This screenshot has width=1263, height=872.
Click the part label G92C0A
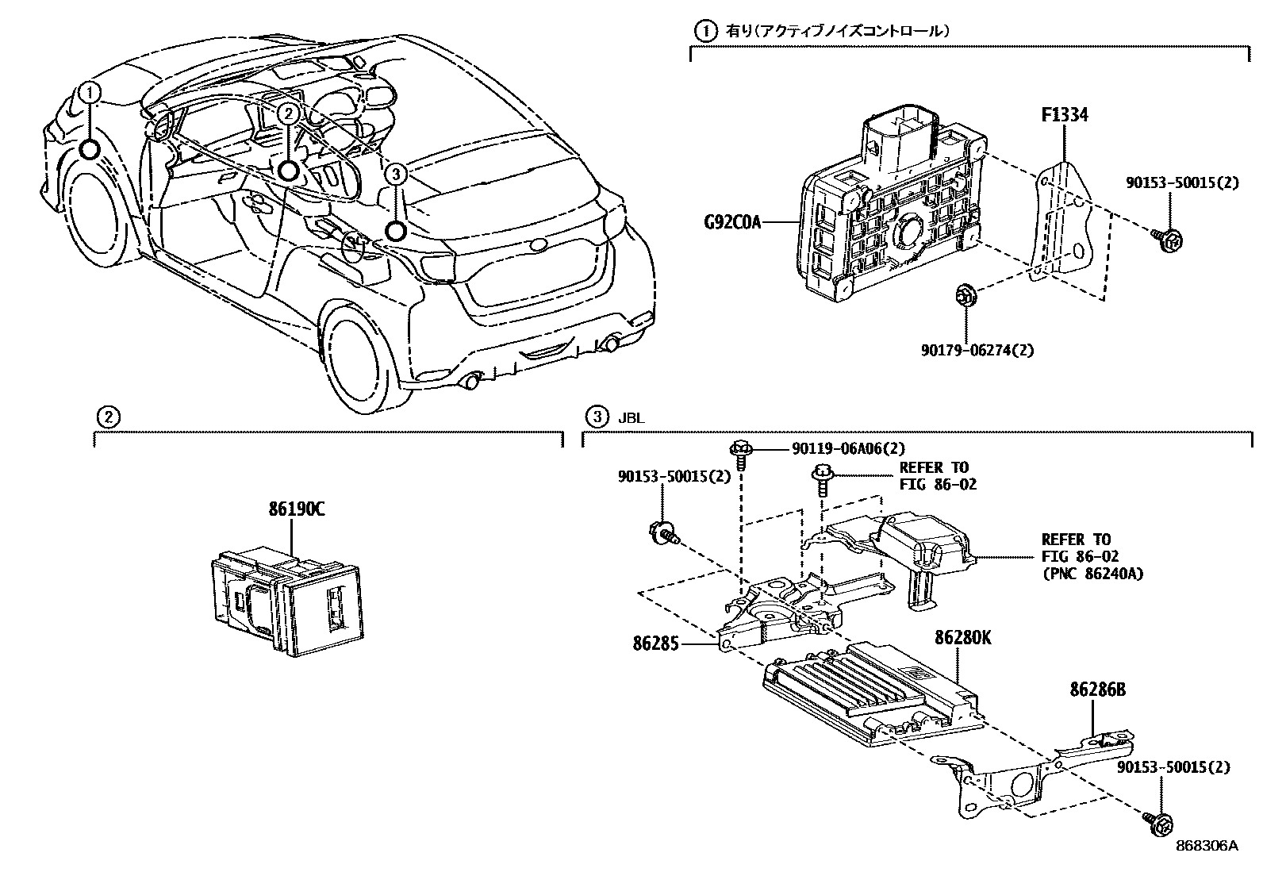731,221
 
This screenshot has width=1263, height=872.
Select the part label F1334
1064,116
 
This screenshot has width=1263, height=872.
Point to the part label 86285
656,644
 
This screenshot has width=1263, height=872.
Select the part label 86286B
1096,690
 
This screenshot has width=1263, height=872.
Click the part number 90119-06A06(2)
847,448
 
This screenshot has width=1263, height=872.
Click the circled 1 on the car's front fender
90,94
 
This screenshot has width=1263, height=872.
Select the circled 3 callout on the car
395,173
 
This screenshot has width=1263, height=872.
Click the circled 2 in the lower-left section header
107,417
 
